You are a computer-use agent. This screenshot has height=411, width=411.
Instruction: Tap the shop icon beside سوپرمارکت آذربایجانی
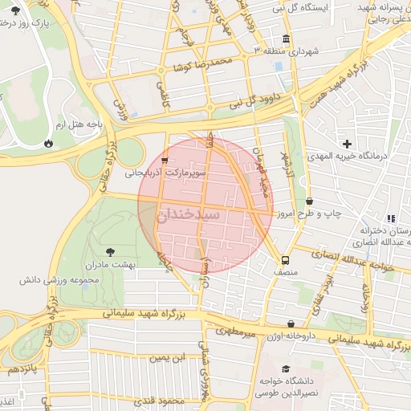[165, 160]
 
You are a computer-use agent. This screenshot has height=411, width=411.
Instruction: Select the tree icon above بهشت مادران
[110, 250]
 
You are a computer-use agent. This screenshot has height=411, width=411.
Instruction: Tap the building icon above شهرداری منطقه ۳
[287, 39]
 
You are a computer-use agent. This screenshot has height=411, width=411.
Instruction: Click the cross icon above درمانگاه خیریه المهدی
[347, 143]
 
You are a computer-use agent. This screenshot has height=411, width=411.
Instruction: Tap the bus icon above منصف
[285, 260]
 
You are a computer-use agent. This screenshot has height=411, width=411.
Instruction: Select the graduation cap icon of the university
[286, 369]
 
